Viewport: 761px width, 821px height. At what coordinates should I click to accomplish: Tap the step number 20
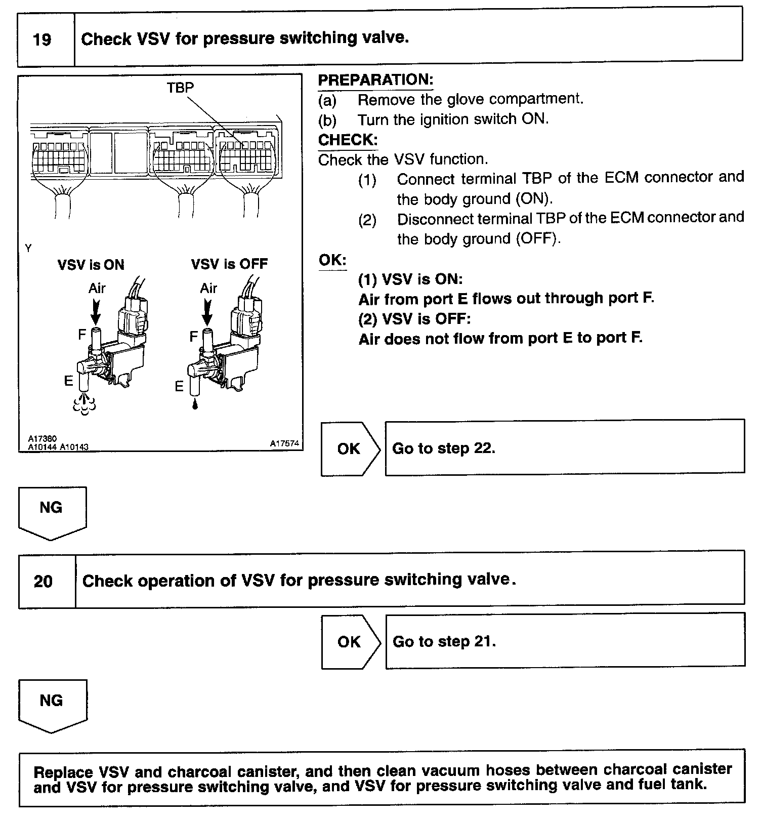(43, 581)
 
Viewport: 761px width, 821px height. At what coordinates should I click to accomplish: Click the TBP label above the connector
(180, 88)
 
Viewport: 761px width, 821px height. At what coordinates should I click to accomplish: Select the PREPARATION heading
(375, 80)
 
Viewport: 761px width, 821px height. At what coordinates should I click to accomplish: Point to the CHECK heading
(348, 140)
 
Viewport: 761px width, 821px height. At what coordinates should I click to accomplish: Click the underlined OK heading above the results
(332, 260)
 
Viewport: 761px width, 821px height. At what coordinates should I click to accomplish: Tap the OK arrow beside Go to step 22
(349, 449)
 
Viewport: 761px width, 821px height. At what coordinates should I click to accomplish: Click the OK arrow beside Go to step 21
(349, 642)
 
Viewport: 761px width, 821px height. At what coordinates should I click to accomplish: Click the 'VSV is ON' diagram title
(91, 265)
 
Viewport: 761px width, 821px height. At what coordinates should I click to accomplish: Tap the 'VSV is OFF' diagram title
(229, 264)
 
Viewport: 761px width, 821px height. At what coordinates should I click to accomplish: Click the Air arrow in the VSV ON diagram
(95, 311)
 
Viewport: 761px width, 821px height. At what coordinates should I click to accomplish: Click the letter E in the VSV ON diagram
(68, 381)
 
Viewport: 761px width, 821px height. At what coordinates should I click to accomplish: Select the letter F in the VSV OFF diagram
(193, 337)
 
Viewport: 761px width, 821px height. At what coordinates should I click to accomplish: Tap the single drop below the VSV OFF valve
(195, 404)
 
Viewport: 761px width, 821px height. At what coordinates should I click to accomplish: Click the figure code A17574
(284, 443)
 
